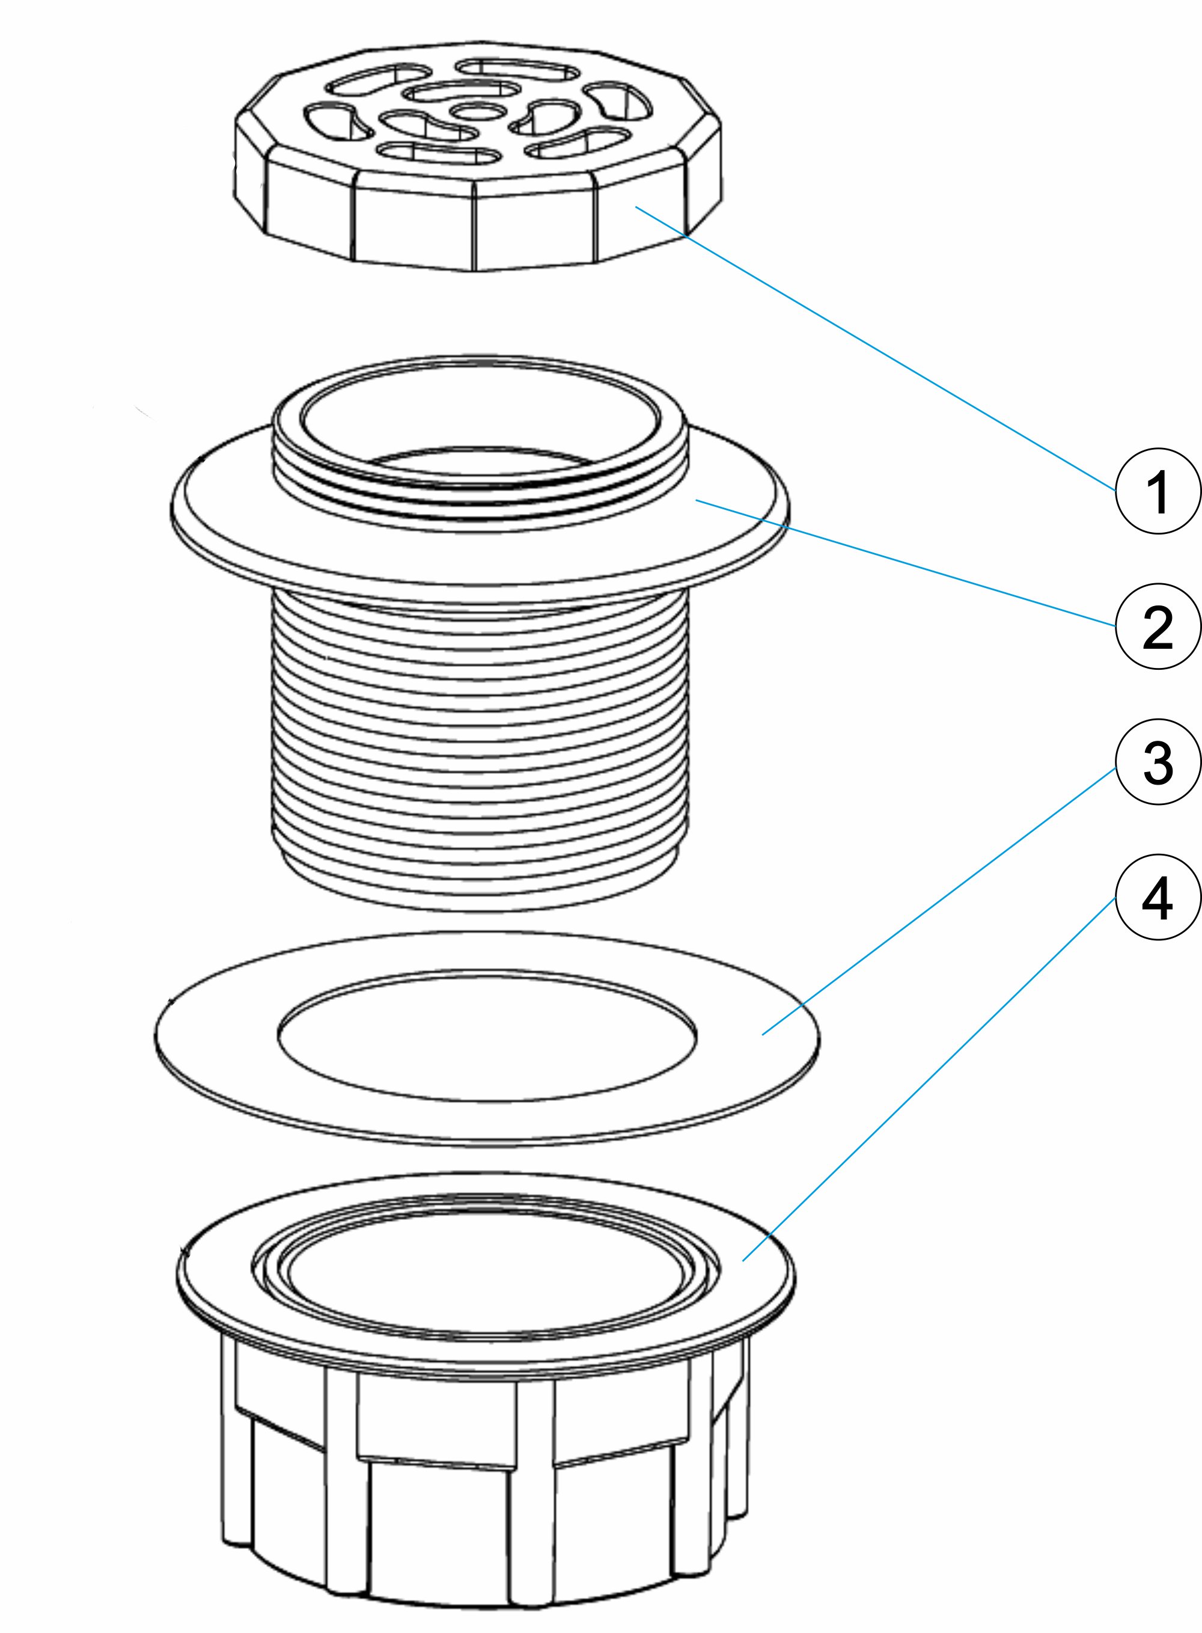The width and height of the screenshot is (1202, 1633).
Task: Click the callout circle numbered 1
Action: pyautogui.click(x=1158, y=491)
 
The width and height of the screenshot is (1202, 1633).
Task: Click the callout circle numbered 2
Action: pyautogui.click(x=1158, y=627)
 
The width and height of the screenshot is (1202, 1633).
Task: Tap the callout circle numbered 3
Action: pyautogui.click(x=1158, y=762)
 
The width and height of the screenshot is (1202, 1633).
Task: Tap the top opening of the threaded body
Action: pyautogui.click(x=480, y=429)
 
